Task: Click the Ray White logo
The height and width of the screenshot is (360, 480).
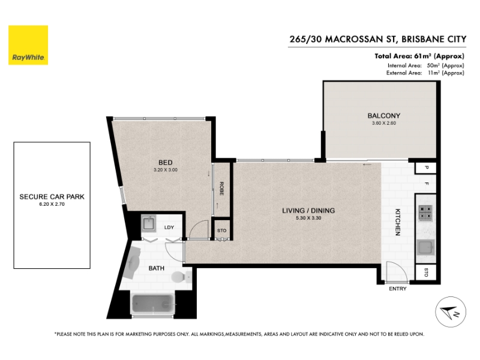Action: point(28,45)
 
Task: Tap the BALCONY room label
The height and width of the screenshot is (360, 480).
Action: point(383,116)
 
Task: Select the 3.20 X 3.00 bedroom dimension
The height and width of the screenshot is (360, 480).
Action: point(166,170)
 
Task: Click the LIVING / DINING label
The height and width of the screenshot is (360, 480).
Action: point(308,211)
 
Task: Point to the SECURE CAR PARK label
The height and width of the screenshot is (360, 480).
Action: point(52,197)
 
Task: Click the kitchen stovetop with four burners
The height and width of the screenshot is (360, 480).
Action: point(425,213)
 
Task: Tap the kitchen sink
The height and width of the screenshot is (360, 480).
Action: point(425,247)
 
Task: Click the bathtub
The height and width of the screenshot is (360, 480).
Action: point(153,304)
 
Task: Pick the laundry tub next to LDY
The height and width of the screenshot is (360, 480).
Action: point(149,223)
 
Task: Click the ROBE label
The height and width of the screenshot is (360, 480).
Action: point(221,188)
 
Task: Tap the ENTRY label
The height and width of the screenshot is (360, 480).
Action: point(398,289)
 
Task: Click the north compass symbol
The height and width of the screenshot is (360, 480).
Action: point(451,312)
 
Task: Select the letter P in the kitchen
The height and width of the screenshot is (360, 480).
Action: point(427,168)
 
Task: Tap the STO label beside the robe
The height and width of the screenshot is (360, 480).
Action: point(221,231)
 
